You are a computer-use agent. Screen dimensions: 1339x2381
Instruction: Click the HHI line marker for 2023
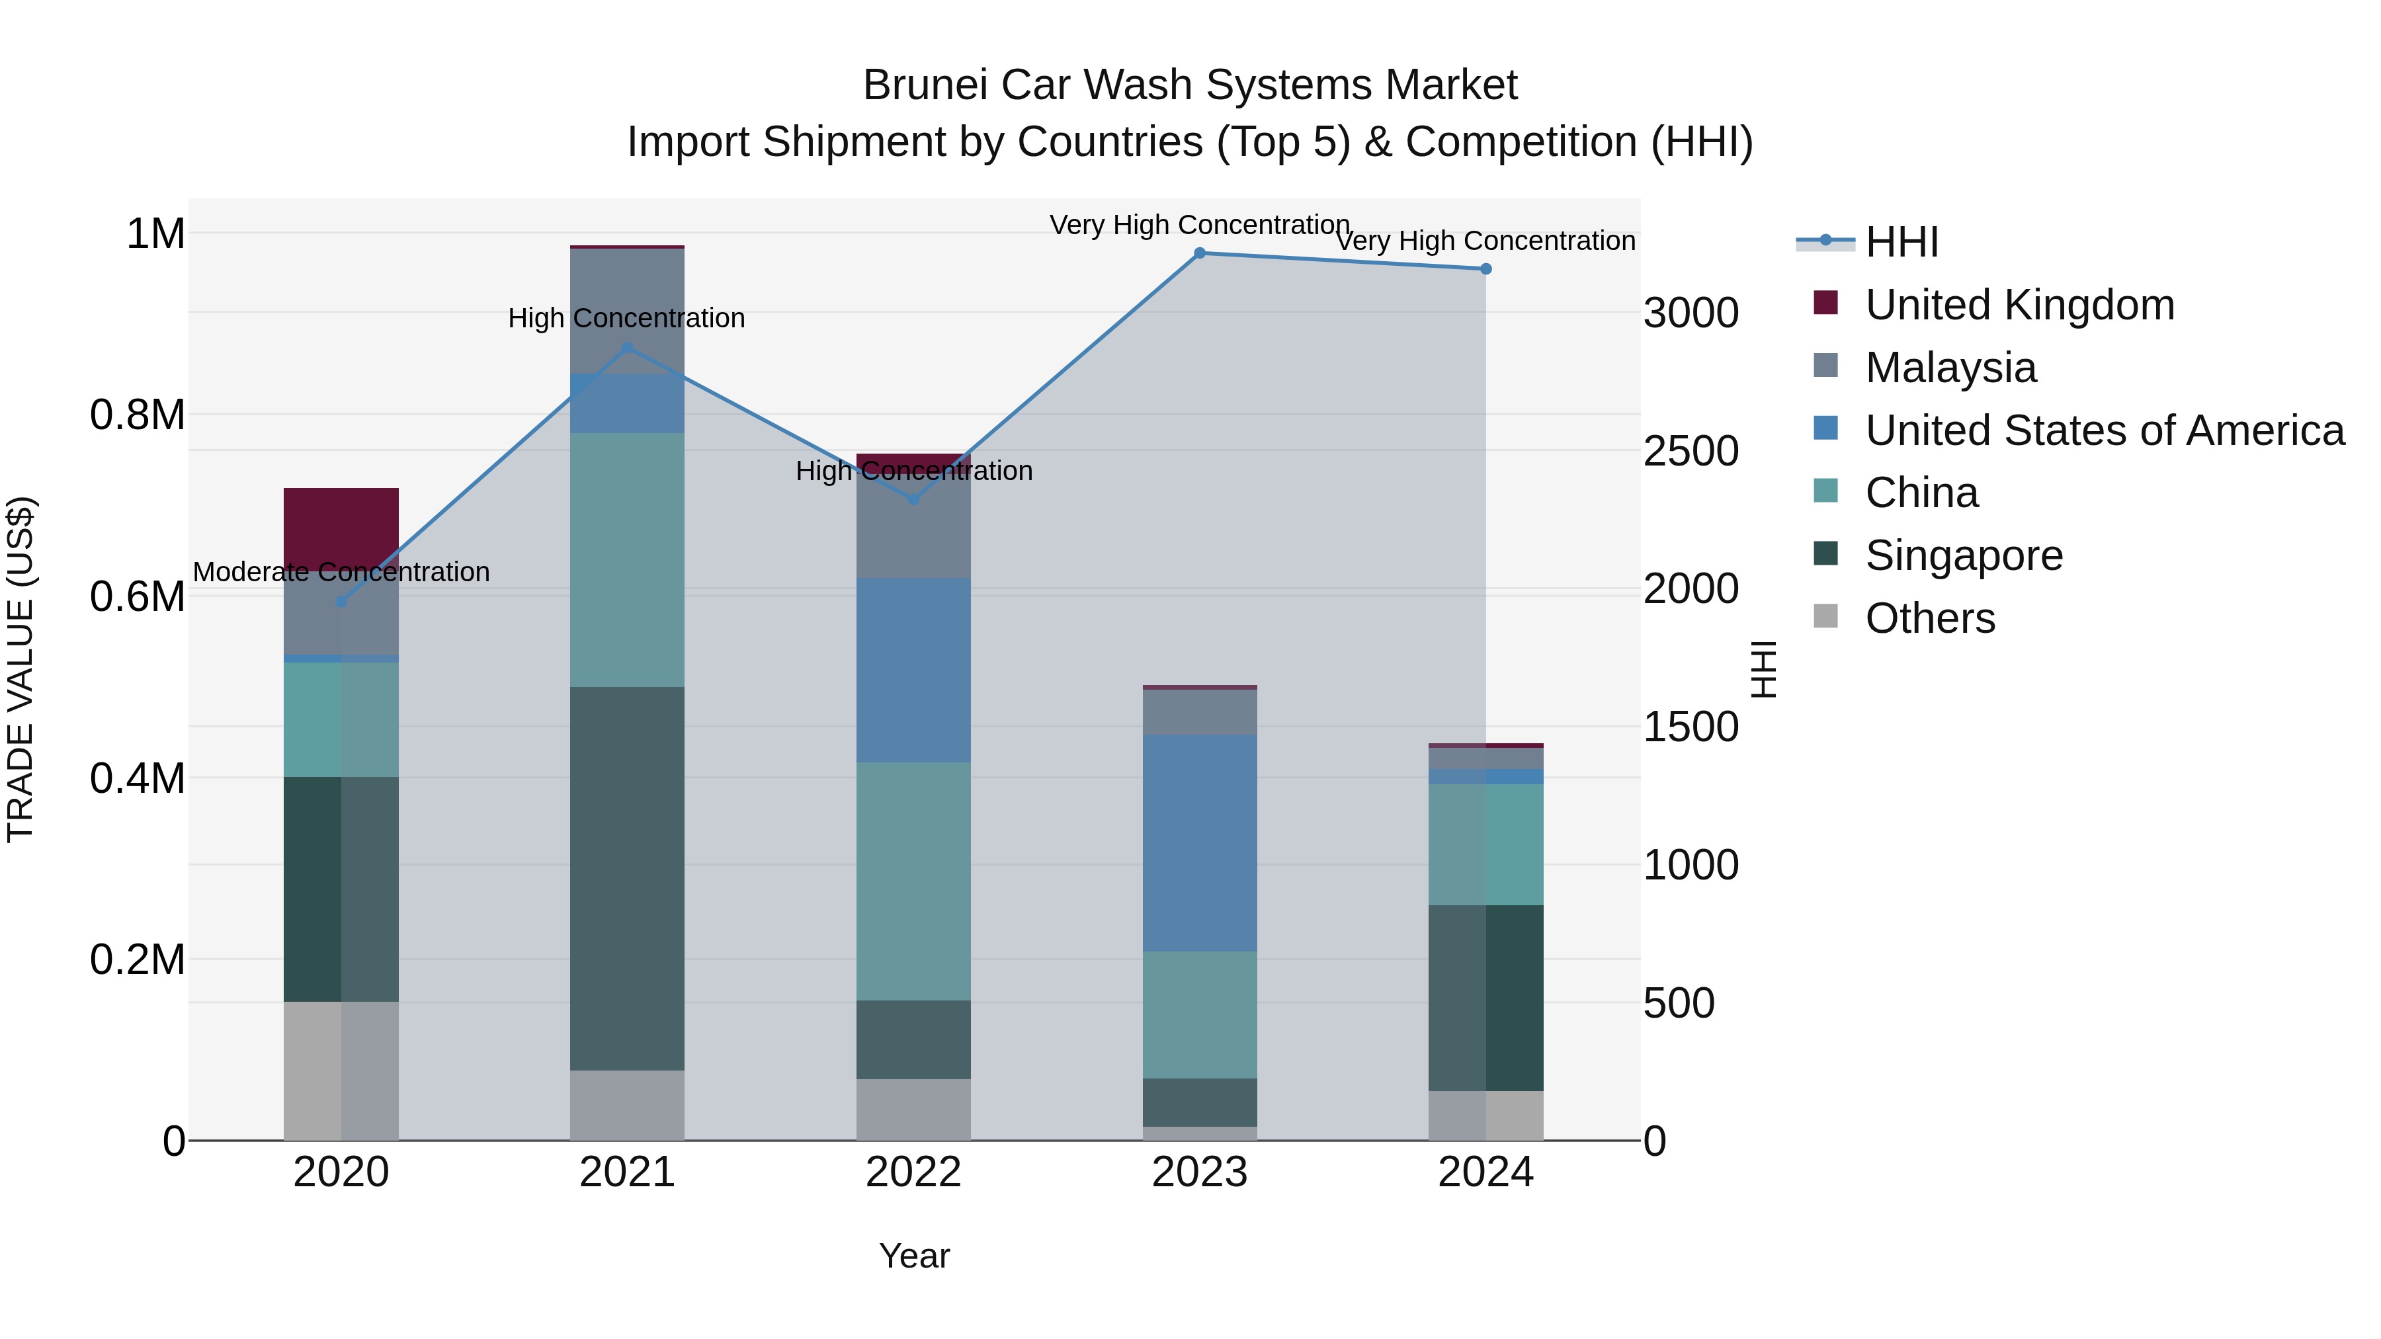[1200, 253]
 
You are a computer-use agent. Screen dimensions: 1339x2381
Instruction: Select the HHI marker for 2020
[341, 602]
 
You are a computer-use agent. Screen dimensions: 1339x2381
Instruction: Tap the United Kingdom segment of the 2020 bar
[341, 527]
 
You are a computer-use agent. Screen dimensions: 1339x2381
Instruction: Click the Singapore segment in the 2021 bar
[627, 878]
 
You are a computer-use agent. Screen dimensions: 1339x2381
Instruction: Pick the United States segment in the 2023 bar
[1200, 843]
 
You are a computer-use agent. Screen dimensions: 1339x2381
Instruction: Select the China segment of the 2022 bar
[913, 881]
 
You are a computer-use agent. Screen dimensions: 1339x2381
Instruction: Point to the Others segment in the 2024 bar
[1485, 1116]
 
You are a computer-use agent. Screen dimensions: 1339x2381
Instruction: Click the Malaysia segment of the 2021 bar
[627, 311]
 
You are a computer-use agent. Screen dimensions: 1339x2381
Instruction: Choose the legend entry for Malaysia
[1950, 368]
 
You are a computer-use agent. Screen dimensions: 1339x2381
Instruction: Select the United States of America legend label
[2105, 430]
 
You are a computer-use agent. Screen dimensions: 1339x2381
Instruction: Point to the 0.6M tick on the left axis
[137, 596]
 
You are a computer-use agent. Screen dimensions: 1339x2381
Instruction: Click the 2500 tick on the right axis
[1691, 451]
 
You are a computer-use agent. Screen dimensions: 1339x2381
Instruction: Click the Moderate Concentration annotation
[341, 572]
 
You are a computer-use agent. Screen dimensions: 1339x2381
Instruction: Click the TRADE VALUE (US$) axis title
[21, 669]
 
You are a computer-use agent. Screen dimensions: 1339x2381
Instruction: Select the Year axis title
[913, 1256]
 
